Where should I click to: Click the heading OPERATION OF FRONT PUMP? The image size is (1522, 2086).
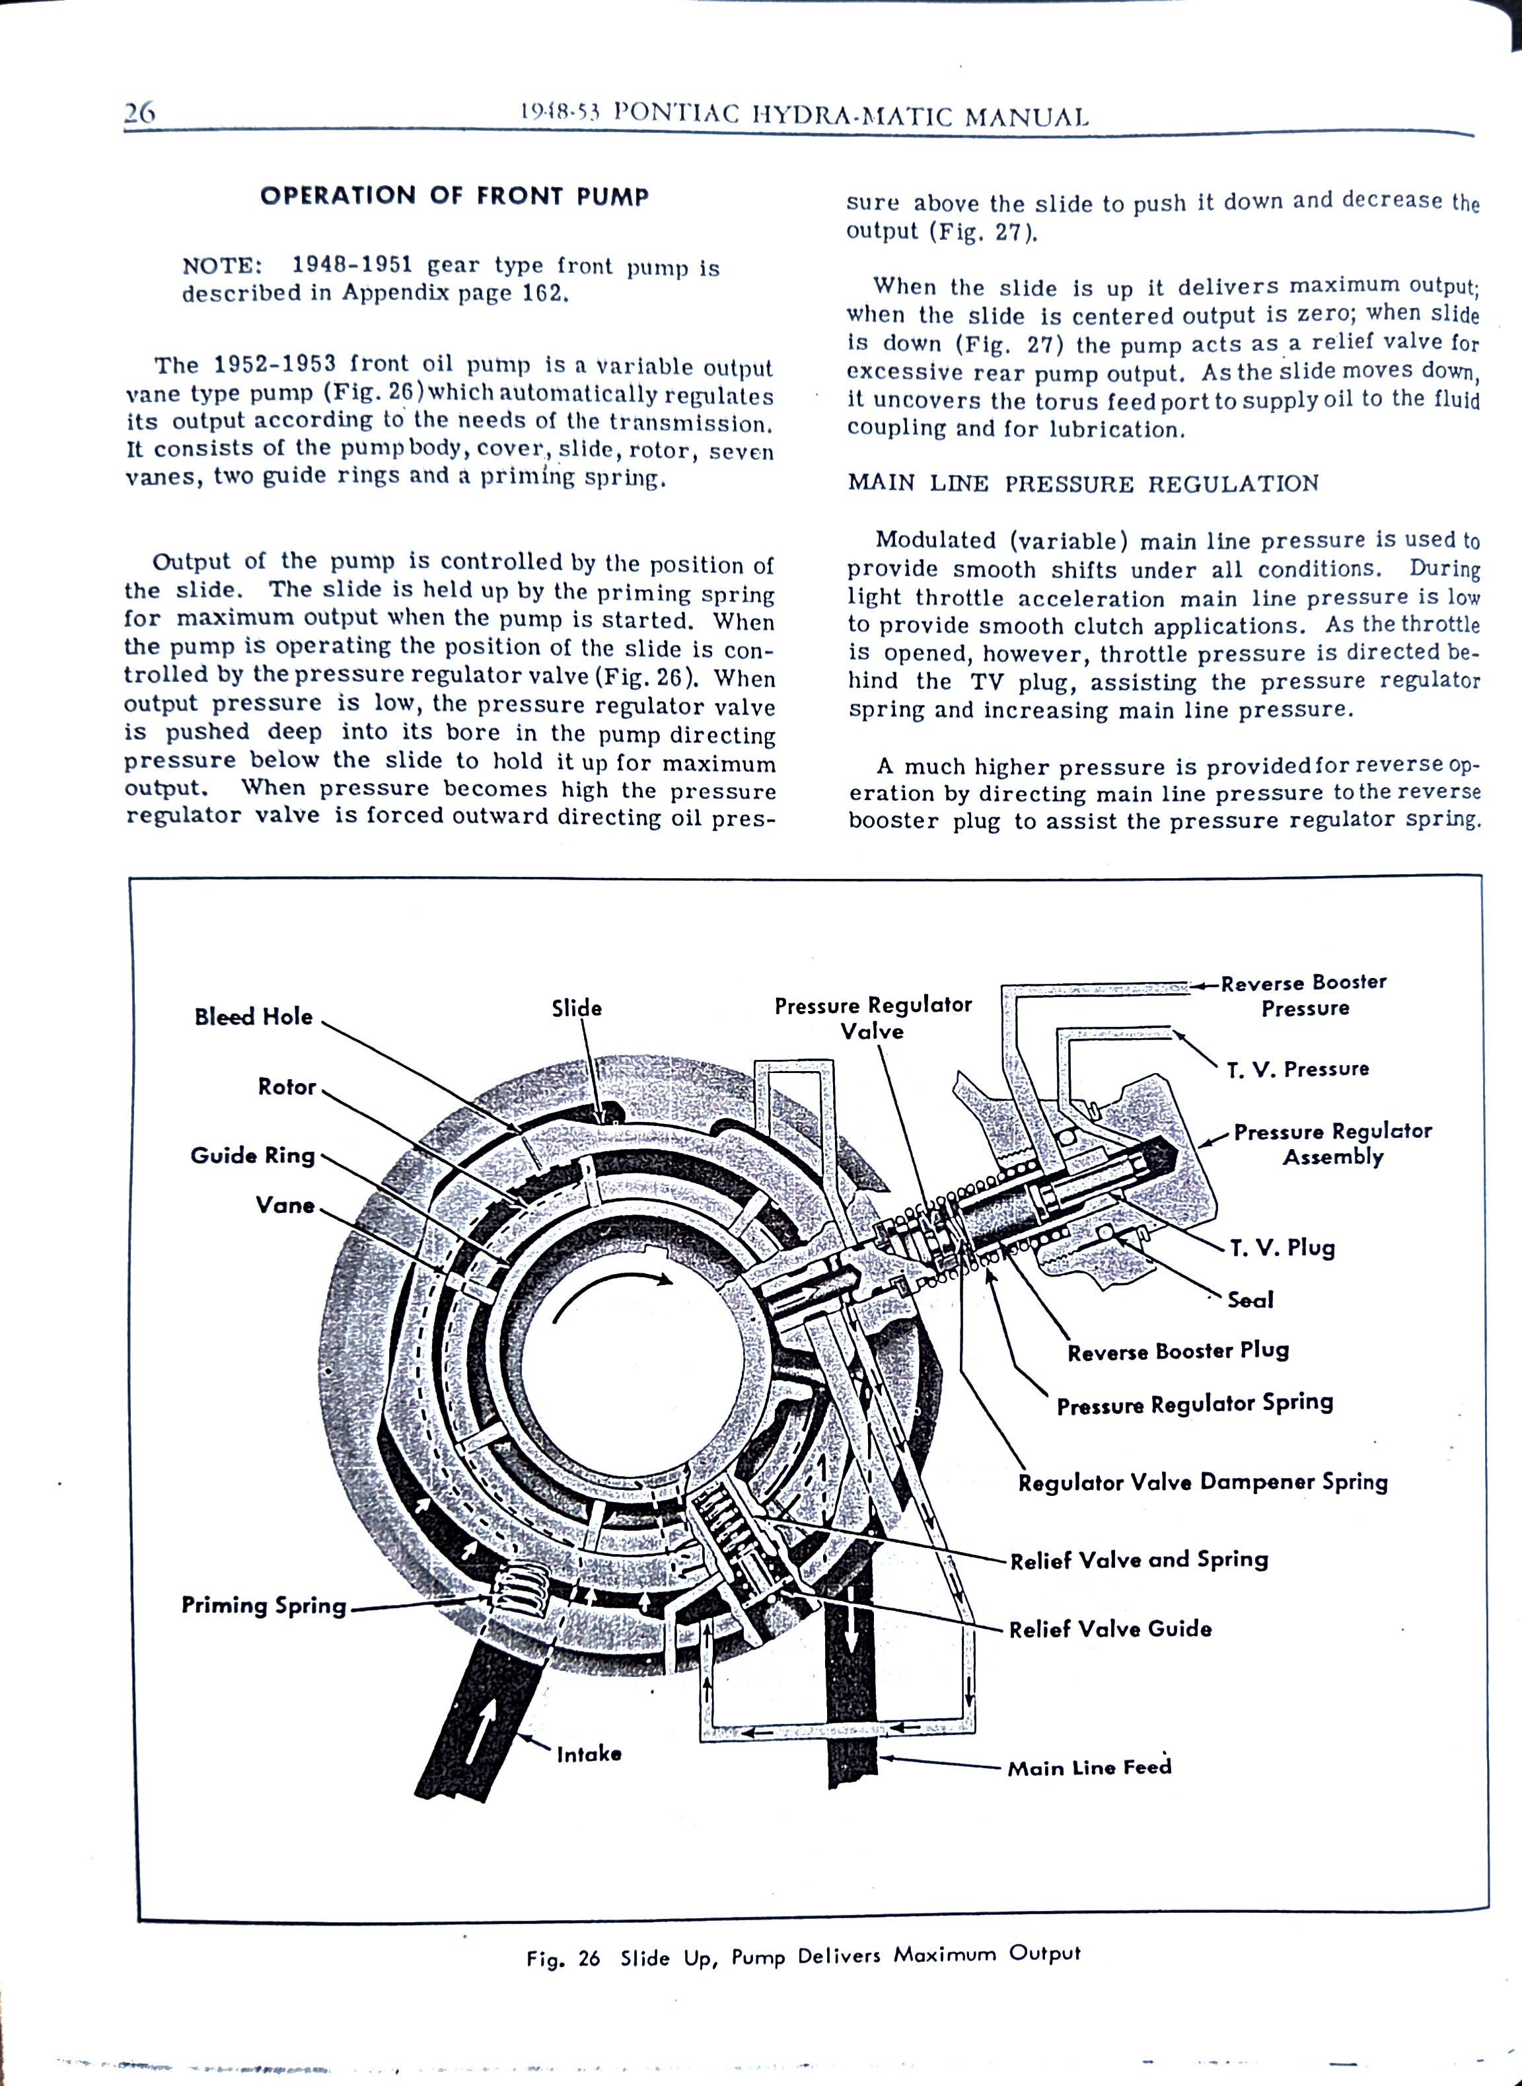pyautogui.click(x=454, y=196)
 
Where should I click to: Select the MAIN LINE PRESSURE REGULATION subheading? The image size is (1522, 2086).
pyautogui.click(x=1083, y=484)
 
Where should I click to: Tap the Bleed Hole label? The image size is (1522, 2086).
pyautogui.click(x=254, y=1016)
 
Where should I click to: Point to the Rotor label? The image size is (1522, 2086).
pyautogui.click(x=287, y=1086)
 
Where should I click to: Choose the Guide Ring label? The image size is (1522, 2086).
pyautogui.click(x=252, y=1156)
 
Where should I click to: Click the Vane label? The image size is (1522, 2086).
pyautogui.click(x=285, y=1205)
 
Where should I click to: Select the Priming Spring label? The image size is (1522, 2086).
pyautogui.click(x=264, y=1605)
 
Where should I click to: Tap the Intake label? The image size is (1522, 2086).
pyautogui.click(x=589, y=1754)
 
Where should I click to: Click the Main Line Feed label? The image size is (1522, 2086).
pyautogui.click(x=1089, y=1768)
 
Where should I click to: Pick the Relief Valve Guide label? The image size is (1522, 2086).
pyautogui.click(x=1110, y=1629)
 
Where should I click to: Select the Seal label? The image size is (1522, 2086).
pyautogui.click(x=1250, y=1300)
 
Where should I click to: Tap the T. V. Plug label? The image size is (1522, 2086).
pyautogui.click(x=1281, y=1248)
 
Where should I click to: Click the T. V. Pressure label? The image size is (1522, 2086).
pyautogui.click(x=1297, y=1069)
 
